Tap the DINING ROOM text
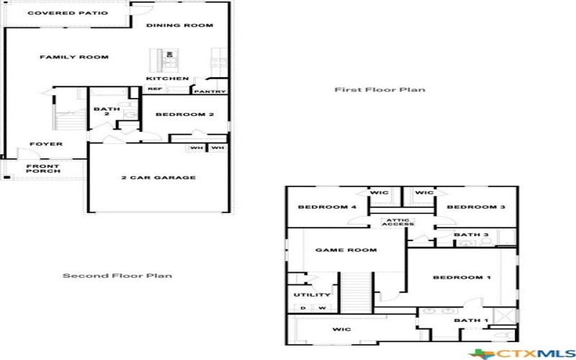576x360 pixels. tap(179, 25)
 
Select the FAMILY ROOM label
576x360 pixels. tap(74, 57)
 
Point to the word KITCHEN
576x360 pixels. tap(168, 78)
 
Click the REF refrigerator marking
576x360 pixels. tap(154, 89)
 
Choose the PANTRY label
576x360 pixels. tap(210, 91)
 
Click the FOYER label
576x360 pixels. tap(46, 144)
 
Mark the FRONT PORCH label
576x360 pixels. tap(43, 169)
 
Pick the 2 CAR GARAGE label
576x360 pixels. tap(158, 177)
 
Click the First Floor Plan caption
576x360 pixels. tap(379, 90)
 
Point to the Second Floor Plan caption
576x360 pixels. tap(117, 276)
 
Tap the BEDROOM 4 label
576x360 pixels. tap(317, 207)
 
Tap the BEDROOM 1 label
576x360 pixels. tap(462, 277)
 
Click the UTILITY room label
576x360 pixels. tap(312, 294)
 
